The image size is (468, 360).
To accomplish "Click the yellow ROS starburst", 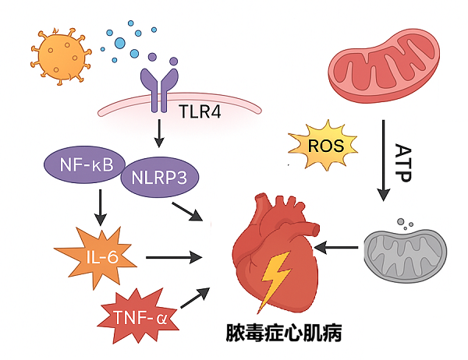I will click(x=322, y=145).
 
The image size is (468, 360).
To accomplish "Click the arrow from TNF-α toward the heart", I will click(x=196, y=297).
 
